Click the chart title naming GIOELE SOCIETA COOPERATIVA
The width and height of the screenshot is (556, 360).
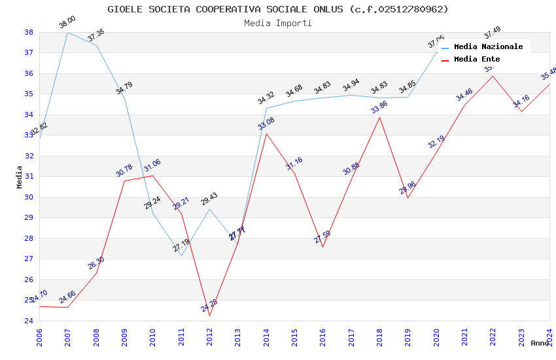278,9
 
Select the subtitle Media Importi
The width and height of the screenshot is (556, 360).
278,23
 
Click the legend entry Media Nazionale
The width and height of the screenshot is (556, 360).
488,47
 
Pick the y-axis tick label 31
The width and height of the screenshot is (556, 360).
29,177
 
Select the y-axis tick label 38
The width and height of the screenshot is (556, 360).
29,32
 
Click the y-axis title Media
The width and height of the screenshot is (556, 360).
20,177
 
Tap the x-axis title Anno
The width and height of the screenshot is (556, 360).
540,343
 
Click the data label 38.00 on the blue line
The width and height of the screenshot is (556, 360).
67,23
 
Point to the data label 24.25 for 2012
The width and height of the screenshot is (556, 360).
209,306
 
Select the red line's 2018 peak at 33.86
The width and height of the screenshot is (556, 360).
379,117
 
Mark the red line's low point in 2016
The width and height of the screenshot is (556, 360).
322,247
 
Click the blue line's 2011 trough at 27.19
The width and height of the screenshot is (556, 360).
181,255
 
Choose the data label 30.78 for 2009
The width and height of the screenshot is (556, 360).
124,171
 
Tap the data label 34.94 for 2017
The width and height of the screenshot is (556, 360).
351,85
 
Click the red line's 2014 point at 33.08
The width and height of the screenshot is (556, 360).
266,134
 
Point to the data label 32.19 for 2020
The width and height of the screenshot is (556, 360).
436,142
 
